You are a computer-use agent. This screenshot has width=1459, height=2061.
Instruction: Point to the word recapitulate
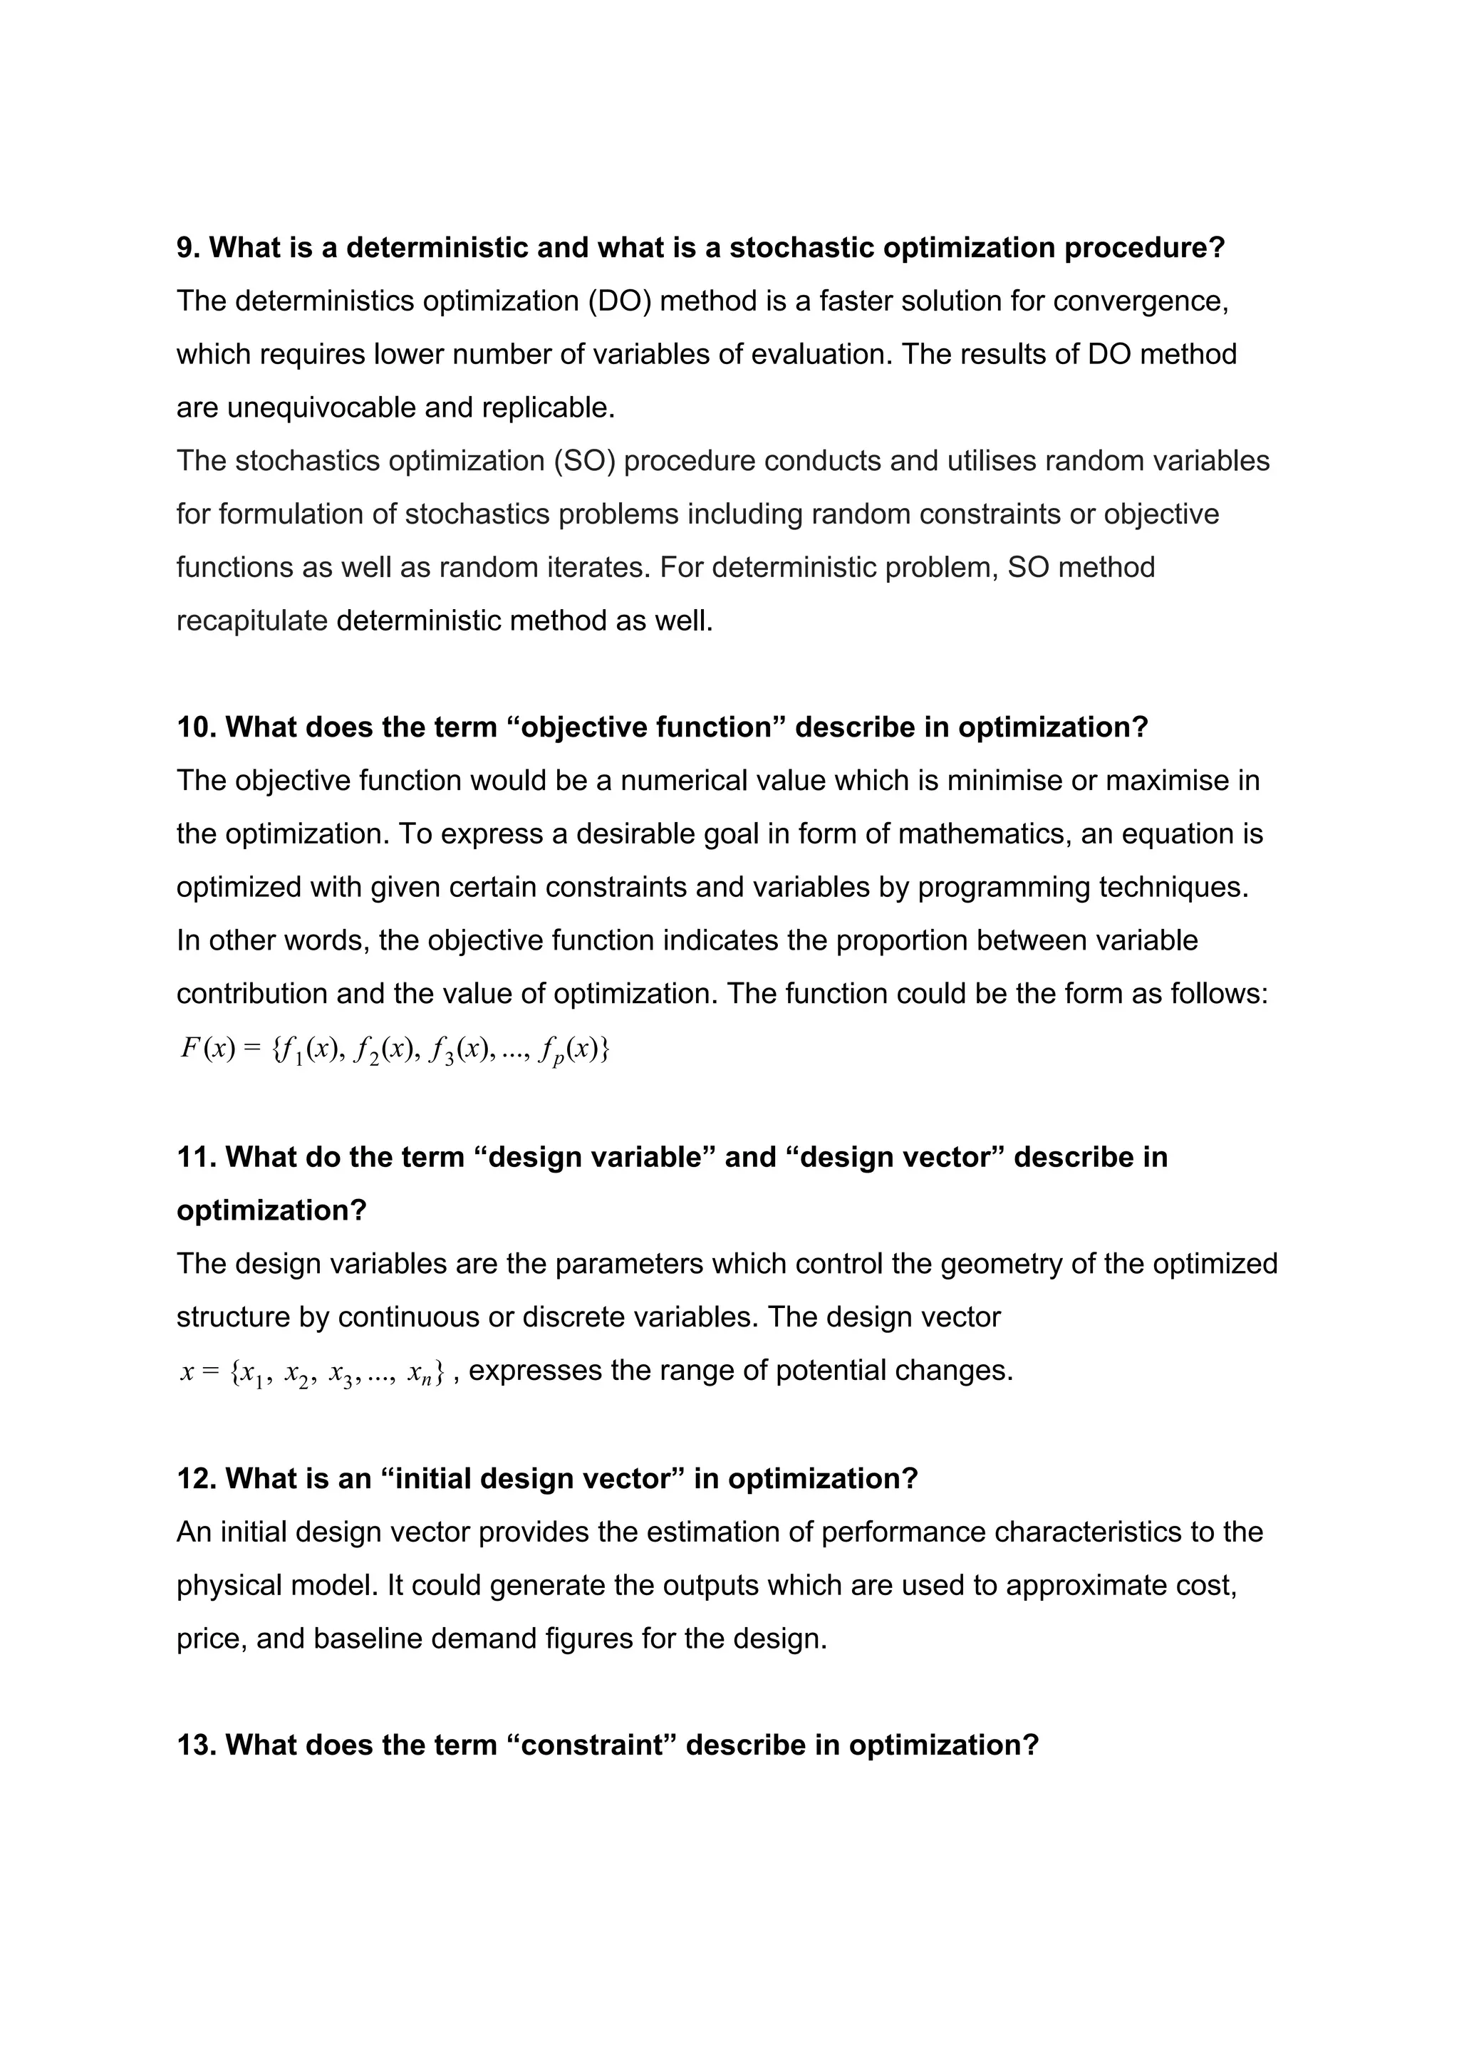pos(251,621)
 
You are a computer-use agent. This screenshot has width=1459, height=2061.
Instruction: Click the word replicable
pos(548,408)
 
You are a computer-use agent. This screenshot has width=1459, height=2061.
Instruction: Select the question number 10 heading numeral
pos(196,727)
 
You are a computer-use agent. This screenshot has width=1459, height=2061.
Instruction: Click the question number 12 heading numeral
pos(196,1478)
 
